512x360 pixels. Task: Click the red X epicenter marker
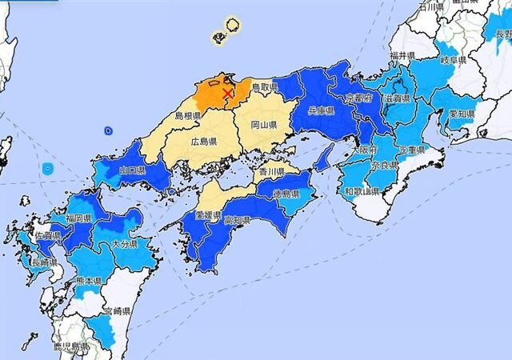pos(228,94)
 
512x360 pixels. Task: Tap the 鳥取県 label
pos(263,86)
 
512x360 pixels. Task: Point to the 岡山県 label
pos(263,126)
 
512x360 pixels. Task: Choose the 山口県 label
pos(133,171)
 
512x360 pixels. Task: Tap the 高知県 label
pos(238,220)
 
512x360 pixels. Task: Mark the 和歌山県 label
pos(361,191)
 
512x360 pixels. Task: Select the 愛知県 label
pos(462,114)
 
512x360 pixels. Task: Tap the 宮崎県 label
pos(116,310)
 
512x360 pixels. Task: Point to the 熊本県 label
pos(87,282)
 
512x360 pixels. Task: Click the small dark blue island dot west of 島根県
pos(109,130)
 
